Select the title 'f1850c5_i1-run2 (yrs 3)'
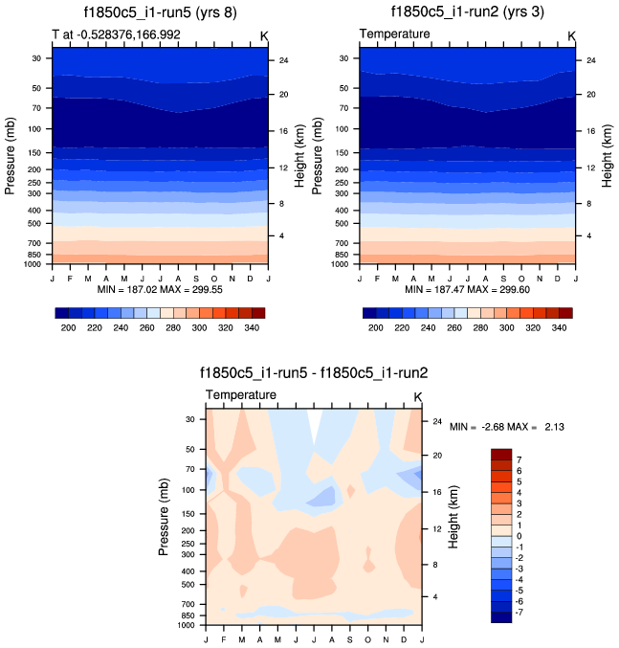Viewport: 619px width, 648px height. (469, 12)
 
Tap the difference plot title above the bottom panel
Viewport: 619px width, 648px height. (315, 373)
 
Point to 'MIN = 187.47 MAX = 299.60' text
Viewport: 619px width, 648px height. (468, 289)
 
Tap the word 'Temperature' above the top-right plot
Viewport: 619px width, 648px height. (394, 34)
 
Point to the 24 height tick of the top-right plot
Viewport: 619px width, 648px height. (588, 60)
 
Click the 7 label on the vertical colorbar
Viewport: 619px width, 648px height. (520, 460)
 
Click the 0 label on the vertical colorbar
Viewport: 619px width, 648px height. (520, 536)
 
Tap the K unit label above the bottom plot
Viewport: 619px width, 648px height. (418, 396)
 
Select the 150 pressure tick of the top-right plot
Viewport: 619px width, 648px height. (343, 152)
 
